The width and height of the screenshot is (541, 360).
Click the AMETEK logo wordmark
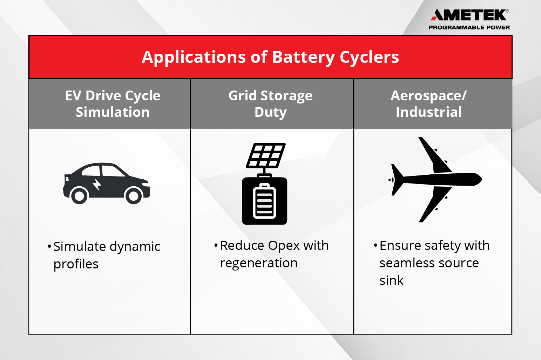point(469,15)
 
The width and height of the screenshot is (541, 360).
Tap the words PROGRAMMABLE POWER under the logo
point(469,27)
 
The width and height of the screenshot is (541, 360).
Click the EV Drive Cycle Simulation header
point(113,104)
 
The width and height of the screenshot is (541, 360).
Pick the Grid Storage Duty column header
point(270,104)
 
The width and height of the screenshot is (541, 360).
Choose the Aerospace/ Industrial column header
point(428,104)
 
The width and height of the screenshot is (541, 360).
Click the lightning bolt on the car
point(97,184)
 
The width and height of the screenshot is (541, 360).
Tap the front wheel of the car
point(134,196)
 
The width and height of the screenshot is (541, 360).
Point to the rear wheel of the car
point(79,196)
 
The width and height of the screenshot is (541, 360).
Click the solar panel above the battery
point(266,155)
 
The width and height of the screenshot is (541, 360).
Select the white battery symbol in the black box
point(264,201)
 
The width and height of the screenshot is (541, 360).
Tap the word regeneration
point(258,263)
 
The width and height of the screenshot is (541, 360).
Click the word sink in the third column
point(391,281)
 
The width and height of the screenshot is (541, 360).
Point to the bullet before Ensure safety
point(375,245)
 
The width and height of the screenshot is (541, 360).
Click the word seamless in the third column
point(405,263)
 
